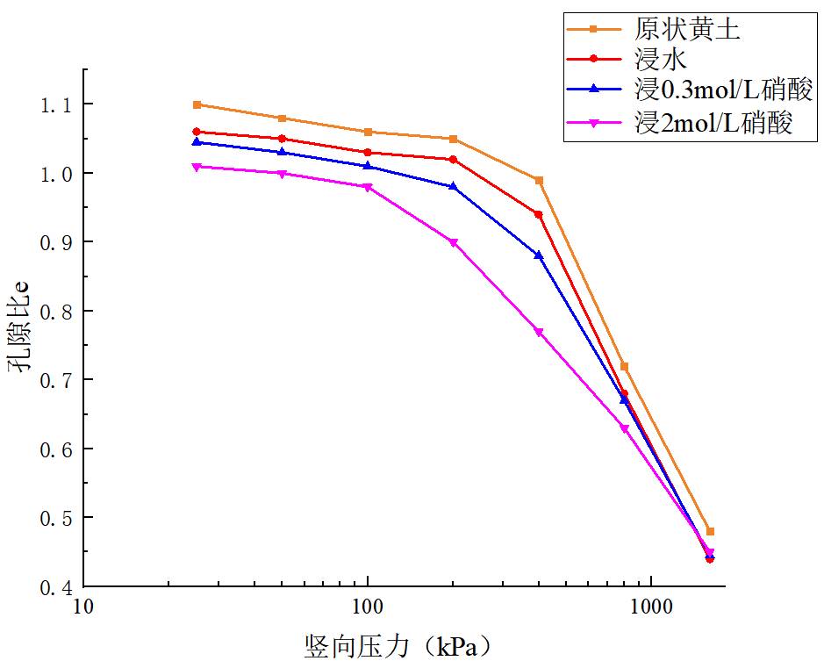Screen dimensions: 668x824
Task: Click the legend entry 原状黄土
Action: [687, 30]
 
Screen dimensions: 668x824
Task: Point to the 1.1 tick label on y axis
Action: [54, 105]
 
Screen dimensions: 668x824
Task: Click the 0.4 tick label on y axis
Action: [54, 587]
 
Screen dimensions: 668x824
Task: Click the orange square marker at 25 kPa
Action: [197, 104]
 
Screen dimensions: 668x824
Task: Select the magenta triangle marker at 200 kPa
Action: [454, 242]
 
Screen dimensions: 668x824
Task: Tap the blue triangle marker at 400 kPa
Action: [539, 255]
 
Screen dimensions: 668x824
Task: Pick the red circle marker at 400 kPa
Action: [539, 214]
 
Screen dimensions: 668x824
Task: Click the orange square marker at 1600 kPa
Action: [710, 531]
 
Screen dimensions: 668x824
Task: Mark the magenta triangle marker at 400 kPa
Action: [539, 332]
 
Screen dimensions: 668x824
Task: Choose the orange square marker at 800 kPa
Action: [625, 366]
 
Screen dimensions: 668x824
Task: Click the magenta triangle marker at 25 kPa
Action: [197, 167]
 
